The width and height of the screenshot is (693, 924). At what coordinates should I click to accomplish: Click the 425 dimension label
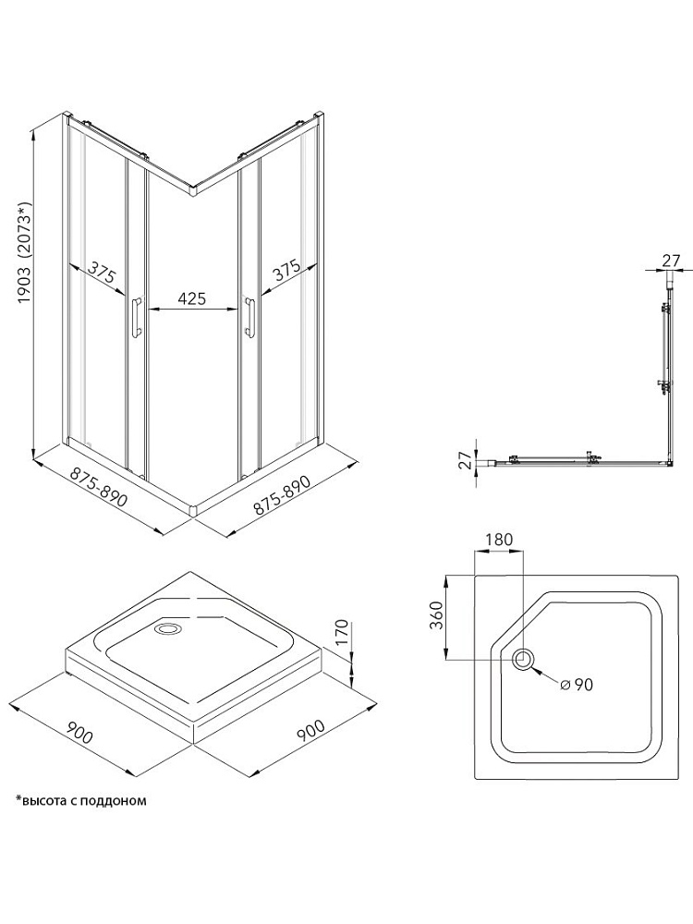pyautogui.click(x=191, y=298)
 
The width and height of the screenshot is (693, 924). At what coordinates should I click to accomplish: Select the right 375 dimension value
pyautogui.click(x=287, y=271)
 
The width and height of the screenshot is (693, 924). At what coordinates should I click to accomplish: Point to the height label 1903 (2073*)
pyautogui.click(x=23, y=253)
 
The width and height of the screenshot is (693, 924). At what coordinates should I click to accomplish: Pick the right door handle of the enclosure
pyautogui.click(x=249, y=318)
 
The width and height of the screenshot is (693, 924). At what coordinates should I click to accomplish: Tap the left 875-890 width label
pyautogui.click(x=99, y=487)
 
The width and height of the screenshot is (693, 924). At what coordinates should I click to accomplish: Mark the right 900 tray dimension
pyautogui.click(x=310, y=730)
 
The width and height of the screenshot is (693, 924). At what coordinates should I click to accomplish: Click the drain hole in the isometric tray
pyautogui.click(x=168, y=628)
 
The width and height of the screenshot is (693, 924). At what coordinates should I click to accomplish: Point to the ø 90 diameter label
pyautogui.click(x=577, y=684)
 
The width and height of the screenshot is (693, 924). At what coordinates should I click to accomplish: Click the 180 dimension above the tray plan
pyautogui.click(x=500, y=539)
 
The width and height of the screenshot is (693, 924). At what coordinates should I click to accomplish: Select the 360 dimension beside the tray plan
pyautogui.click(x=437, y=615)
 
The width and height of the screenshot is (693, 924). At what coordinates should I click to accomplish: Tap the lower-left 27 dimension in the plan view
pyautogui.click(x=466, y=460)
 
